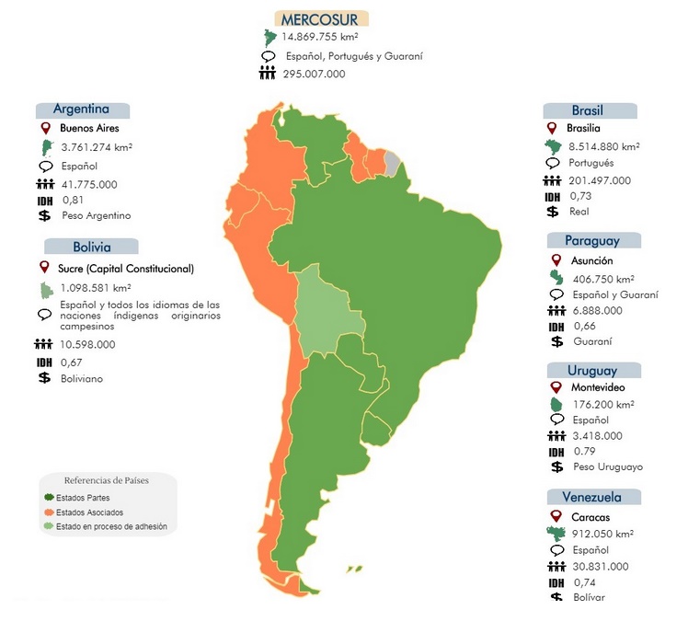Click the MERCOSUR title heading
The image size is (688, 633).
(320, 18)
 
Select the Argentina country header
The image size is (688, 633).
(82, 109)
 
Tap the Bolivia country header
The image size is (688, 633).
(92, 247)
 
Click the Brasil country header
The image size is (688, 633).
(587, 110)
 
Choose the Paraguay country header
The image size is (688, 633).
(592, 240)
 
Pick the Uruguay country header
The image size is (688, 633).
(591, 370)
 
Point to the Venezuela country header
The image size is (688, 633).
(591, 498)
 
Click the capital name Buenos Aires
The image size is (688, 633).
(89, 129)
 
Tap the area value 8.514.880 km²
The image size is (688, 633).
(604, 146)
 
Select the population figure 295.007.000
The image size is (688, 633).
(314, 74)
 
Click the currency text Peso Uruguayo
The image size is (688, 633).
(606, 466)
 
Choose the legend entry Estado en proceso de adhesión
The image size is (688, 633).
(110, 526)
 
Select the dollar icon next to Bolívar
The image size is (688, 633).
(554, 598)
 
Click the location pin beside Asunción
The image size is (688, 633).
(554, 261)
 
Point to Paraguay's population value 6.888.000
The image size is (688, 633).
(596, 310)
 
